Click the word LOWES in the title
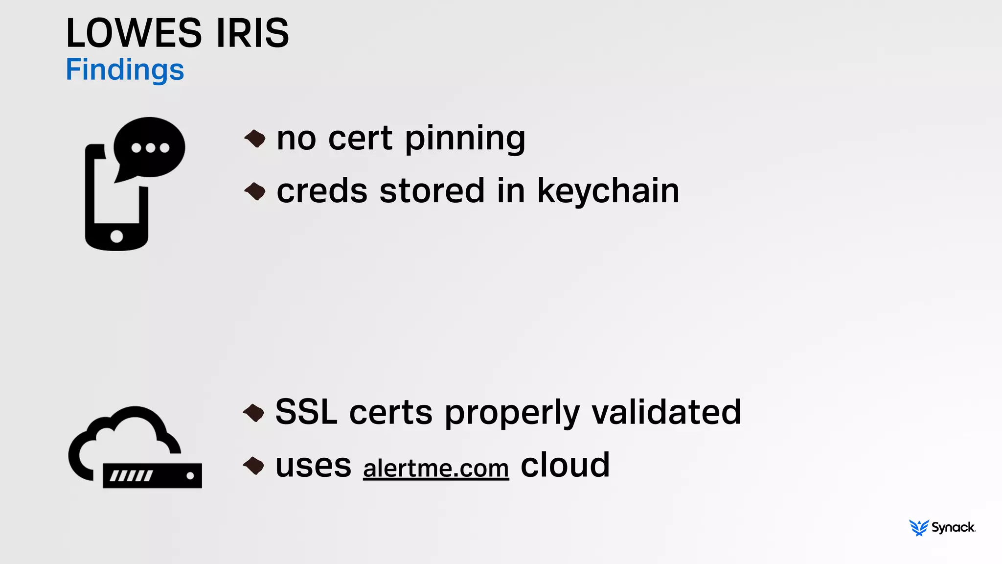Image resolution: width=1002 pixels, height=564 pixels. click(134, 33)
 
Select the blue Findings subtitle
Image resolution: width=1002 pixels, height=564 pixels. click(125, 70)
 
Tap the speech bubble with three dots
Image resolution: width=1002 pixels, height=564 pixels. click(150, 147)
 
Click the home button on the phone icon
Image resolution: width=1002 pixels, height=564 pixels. click(116, 236)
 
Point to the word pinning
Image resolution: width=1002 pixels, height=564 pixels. click(465, 139)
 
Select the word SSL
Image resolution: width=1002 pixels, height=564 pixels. click(306, 412)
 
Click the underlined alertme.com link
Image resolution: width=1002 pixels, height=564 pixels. click(436, 468)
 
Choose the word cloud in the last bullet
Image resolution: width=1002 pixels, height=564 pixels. click(565, 465)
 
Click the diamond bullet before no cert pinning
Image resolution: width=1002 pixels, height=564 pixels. click(255, 139)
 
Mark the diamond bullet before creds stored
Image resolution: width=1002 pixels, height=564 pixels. click(255, 191)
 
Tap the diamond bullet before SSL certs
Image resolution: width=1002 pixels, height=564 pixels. click(254, 413)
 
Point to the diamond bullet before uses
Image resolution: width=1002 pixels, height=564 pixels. click(254, 466)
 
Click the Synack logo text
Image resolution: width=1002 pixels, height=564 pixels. click(953, 527)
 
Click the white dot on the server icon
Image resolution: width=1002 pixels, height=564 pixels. click(190, 475)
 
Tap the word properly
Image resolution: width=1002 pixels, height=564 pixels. click(512, 413)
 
